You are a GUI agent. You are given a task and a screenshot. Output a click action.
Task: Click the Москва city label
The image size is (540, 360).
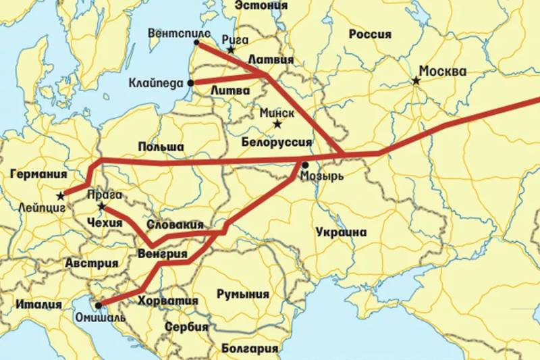point(443,71)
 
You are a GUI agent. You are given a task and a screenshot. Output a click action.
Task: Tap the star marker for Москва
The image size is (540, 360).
point(416,81)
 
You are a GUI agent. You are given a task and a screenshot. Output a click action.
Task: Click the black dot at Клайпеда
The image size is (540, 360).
point(191,82)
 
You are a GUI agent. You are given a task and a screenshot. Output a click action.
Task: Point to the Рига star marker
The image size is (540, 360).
point(231,50)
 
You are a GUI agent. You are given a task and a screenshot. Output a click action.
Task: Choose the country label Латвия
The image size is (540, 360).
point(271,59)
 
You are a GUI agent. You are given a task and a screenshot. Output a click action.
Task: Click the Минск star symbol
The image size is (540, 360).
point(277,124)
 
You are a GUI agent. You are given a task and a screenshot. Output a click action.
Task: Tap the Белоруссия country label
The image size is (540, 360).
point(277,142)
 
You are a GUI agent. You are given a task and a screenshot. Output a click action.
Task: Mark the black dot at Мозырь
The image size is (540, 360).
point(305,164)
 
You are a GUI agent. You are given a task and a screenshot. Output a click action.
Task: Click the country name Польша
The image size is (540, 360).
point(160,147)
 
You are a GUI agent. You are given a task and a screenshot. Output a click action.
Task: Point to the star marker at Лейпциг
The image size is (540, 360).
point(61,195)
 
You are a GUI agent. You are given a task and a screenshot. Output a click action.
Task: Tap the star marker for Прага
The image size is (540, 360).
point(101,206)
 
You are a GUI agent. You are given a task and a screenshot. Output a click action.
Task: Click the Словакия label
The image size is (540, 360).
point(175,224)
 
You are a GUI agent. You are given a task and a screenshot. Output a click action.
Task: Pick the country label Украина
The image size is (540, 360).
point(341,232)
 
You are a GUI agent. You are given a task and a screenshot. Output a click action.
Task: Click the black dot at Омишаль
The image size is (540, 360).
point(100,305)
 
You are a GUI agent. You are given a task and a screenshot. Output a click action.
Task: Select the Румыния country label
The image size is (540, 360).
point(243,294)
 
